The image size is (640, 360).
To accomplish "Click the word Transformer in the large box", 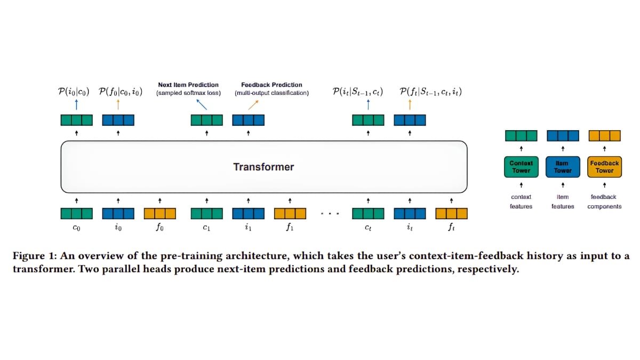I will click(263, 167).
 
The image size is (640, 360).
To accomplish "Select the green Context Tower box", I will click(521, 167).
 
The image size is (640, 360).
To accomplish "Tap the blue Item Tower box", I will click(563, 167).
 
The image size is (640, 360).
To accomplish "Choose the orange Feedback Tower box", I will click(604, 167).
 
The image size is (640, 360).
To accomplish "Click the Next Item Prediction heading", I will click(188, 85).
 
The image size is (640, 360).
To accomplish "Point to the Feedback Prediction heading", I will click(271, 85).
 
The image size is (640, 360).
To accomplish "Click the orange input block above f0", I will click(160, 214).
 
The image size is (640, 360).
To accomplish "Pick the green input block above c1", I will click(207, 214).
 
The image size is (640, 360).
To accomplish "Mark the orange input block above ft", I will click(451, 214).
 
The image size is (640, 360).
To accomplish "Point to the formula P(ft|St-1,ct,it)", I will click(430, 92).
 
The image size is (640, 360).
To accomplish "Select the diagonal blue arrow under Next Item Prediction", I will click(202, 104).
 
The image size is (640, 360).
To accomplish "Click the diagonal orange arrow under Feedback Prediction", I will click(253, 105).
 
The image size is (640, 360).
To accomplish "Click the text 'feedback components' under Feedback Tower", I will click(604, 202).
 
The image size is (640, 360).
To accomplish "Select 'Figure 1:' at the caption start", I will click(33, 257).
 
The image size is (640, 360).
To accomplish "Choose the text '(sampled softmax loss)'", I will click(188, 93).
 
